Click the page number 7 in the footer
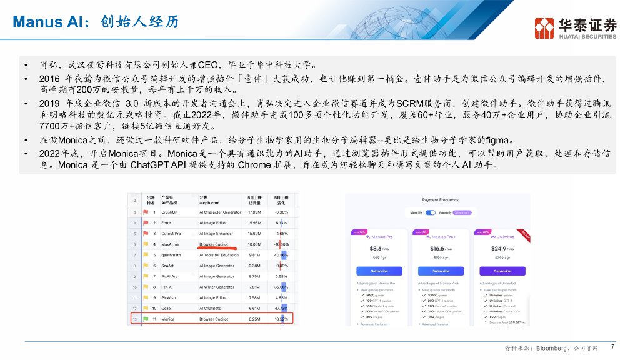(x=612, y=347)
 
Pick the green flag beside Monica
(x=144, y=319)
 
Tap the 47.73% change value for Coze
(x=281, y=308)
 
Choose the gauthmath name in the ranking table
(x=172, y=255)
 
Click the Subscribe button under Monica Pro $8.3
(x=379, y=271)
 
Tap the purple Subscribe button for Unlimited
(x=502, y=271)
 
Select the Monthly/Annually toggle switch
(x=430, y=212)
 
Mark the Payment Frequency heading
(x=441, y=200)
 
